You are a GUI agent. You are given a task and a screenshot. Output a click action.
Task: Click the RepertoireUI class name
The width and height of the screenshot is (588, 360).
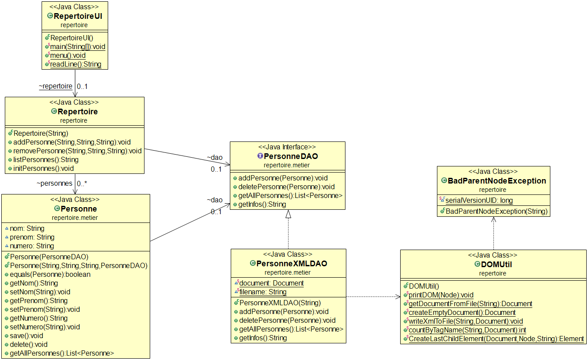(77, 16)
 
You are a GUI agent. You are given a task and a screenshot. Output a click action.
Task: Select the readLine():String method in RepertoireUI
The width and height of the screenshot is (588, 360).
(75, 64)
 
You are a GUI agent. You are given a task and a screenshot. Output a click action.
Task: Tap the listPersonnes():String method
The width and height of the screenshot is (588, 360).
(46, 160)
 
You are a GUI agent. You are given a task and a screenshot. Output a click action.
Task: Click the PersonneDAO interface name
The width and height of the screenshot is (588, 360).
(291, 156)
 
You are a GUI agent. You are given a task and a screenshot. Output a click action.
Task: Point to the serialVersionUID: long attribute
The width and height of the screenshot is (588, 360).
(479, 201)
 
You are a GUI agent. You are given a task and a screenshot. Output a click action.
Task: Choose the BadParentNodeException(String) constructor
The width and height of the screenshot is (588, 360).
(496, 212)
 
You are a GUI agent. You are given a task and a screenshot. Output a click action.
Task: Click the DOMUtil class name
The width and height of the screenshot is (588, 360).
(496, 265)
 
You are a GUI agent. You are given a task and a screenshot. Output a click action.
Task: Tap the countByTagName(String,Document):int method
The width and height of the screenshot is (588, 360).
(467, 330)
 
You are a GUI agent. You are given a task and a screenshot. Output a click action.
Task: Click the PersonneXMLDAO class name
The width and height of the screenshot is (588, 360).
(291, 264)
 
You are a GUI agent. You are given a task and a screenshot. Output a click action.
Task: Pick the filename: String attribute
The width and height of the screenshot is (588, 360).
(262, 292)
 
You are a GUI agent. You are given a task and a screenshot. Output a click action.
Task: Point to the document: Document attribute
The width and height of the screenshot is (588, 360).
(271, 283)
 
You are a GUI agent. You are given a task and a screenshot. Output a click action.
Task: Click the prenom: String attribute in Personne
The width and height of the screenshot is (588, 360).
(32, 237)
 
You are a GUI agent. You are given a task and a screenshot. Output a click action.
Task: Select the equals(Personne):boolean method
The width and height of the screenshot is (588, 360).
(50, 275)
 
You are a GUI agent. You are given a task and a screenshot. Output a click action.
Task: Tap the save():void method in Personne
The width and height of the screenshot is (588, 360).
(26, 336)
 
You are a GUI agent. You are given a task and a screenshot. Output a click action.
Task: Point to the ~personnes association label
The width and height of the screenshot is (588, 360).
(54, 184)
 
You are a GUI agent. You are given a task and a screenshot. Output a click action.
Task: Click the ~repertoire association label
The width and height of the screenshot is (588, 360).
(55, 87)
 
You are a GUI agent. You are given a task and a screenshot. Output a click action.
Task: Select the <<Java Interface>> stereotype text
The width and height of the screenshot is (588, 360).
(287, 147)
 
